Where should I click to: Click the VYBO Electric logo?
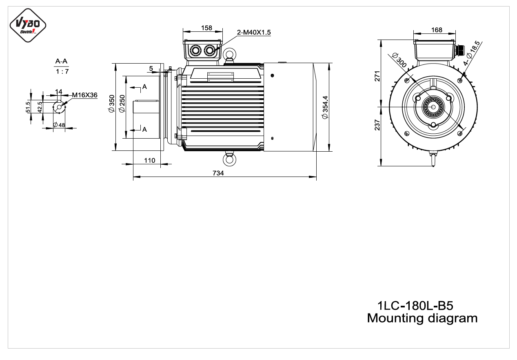28,25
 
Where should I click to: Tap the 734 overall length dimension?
218,173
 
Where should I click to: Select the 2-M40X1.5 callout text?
254,33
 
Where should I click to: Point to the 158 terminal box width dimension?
206,28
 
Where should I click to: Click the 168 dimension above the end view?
437,30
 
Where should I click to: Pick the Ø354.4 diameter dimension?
325,108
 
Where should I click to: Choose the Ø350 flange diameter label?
111,104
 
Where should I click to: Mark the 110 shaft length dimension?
150,161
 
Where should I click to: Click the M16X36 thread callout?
85,95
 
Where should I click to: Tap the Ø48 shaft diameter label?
59,125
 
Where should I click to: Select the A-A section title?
61,61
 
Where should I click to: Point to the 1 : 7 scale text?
62,71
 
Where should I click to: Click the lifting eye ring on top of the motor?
229,54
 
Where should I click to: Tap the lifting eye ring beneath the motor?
229,159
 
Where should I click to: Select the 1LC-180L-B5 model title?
415,306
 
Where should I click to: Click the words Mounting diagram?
422,318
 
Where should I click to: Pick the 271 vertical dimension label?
377,76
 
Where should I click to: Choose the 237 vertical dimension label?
377,125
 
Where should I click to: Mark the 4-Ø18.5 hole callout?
472,53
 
